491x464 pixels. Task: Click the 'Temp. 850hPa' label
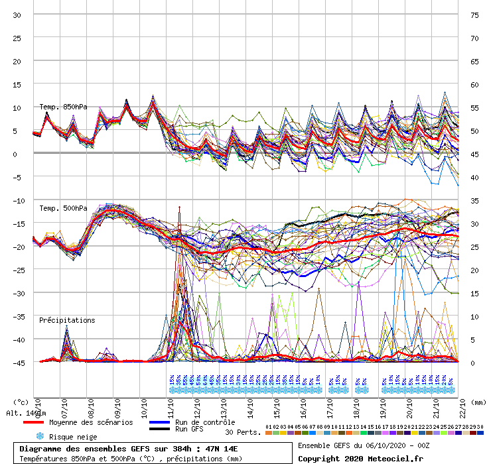click(63, 107)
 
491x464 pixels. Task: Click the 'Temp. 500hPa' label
click(63, 208)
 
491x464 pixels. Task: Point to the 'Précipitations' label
click(67, 320)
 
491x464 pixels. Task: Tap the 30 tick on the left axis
click(18, 15)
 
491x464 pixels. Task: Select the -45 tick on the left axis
click(18, 363)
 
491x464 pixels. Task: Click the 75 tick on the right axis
click(474, 15)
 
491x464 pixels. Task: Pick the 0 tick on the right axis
click(473, 363)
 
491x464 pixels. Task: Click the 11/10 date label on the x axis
click(172, 404)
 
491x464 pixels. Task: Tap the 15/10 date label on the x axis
click(277, 404)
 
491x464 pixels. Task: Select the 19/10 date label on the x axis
click(384, 404)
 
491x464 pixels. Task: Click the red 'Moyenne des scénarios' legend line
click(42, 422)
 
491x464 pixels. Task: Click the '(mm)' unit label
click(477, 402)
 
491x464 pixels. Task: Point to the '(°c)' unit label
click(21, 402)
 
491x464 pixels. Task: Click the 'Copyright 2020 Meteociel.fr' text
click(360, 458)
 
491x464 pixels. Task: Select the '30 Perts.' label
click(242, 432)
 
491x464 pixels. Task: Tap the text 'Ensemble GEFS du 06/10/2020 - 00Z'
click(364, 445)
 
